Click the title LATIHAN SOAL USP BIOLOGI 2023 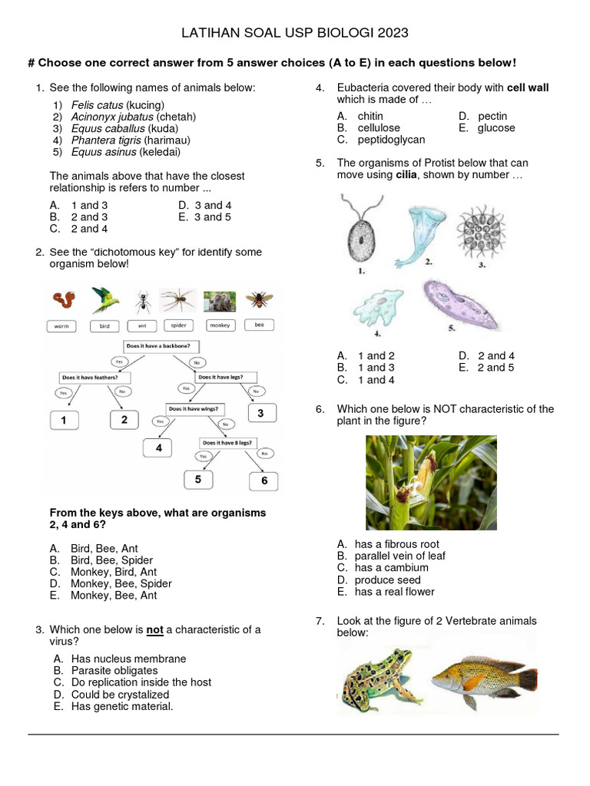click(x=295, y=33)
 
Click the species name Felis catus click(x=97, y=104)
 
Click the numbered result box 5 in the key click(x=198, y=479)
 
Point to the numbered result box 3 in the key click(x=260, y=414)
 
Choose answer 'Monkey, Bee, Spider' click(x=121, y=583)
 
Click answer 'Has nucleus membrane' click(x=128, y=659)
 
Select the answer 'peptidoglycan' click(x=391, y=140)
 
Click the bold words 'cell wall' click(x=528, y=88)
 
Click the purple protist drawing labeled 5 click(x=462, y=302)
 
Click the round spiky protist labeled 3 click(x=482, y=230)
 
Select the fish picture click(x=483, y=673)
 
